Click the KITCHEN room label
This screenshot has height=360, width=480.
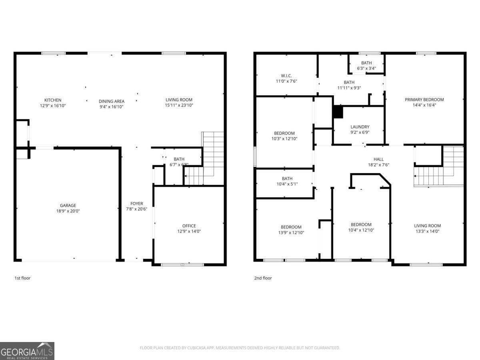coord(53,100)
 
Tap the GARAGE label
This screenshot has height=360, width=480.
coord(68,206)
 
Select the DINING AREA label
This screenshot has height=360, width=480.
coord(112,101)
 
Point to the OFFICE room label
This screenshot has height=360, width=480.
coord(189,226)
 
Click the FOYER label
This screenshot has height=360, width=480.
coord(137,204)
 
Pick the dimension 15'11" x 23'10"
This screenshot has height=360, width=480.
coord(179,106)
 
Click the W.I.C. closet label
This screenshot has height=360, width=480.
coord(286,75)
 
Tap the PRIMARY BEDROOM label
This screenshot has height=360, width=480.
coord(424,100)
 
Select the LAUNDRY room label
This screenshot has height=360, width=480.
coord(360,127)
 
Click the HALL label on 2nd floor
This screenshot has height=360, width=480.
coord(378,159)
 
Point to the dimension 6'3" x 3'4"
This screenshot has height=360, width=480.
coord(366,68)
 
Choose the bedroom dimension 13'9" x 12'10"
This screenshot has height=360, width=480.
coord(291,232)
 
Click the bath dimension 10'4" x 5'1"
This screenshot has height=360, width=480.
coord(287,184)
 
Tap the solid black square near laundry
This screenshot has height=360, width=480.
coord(338,112)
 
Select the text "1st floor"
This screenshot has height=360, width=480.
coord(22,278)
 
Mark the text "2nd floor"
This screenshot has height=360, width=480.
coord(263,278)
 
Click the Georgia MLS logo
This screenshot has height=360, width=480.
coord(27,351)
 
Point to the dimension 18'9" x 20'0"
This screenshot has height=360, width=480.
coord(68,211)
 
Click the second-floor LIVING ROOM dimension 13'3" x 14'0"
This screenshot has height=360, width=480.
coord(427,231)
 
